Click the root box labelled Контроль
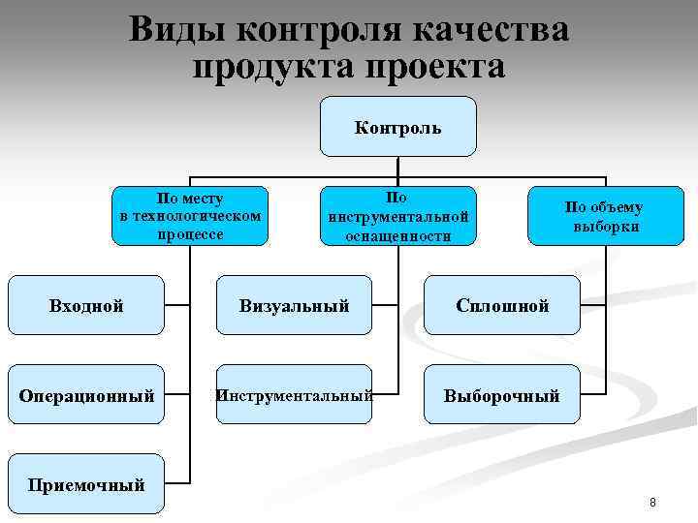[x=397, y=127]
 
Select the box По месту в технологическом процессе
[x=190, y=215]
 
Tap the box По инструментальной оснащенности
[x=397, y=215]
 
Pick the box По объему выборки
[x=604, y=215]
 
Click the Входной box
[x=86, y=306]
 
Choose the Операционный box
[x=86, y=395]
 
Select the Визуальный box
[x=295, y=306]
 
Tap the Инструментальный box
[x=295, y=395]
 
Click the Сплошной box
[x=503, y=306]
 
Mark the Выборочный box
[x=502, y=395]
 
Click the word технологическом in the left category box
[x=190, y=215]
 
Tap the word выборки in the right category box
[x=605, y=227]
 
